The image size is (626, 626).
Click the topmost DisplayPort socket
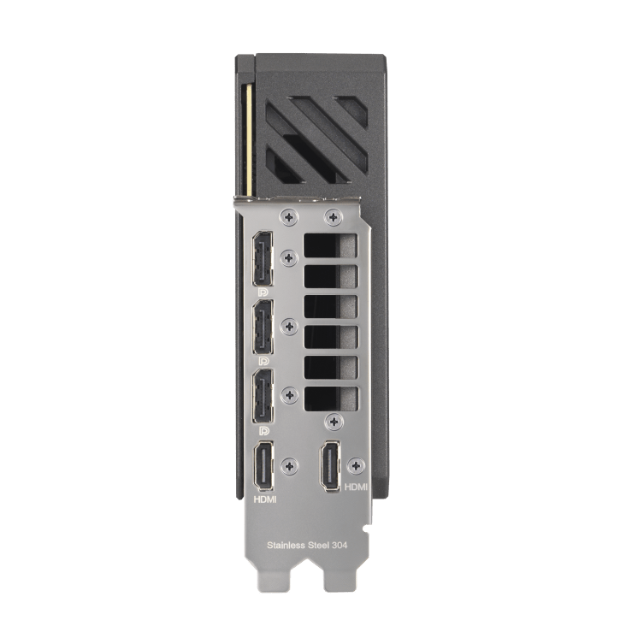pyautogui.click(x=263, y=258)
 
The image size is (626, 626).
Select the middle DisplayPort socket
pyautogui.click(x=263, y=327)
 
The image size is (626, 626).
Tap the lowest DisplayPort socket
pyautogui.click(x=263, y=396)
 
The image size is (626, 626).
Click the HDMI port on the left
pyautogui.click(x=264, y=466)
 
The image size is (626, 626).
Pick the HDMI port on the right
pyautogui.click(x=330, y=466)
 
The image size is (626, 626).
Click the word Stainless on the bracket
pyautogui.click(x=286, y=545)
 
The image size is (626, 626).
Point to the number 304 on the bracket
pyautogui.click(x=340, y=545)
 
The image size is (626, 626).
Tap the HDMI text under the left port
pyautogui.click(x=265, y=499)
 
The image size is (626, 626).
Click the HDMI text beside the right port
pyautogui.click(x=356, y=487)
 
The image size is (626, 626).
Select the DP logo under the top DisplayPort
pyautogui.click(x=263, y=292)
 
